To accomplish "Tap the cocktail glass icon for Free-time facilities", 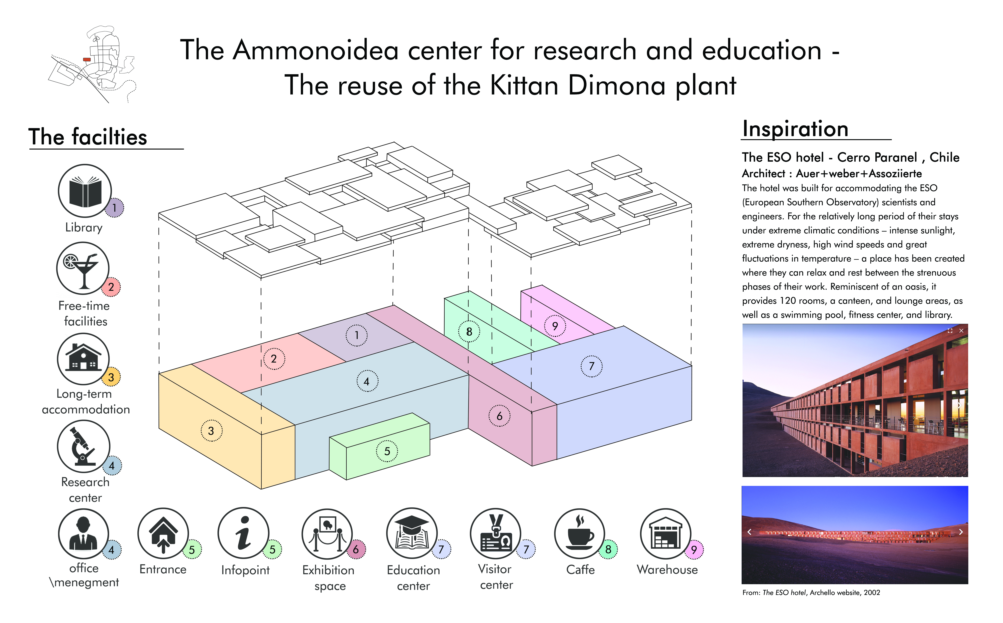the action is click(83, 268).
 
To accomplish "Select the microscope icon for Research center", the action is click(84, 446).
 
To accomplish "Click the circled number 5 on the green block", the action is click(387, 451).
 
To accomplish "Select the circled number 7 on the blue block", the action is click(592, 366).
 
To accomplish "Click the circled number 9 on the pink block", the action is click(555, 326).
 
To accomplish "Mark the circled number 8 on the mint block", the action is click(469, 332).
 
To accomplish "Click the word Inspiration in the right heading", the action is click(795, 129).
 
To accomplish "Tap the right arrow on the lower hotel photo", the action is click(961, 532).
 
